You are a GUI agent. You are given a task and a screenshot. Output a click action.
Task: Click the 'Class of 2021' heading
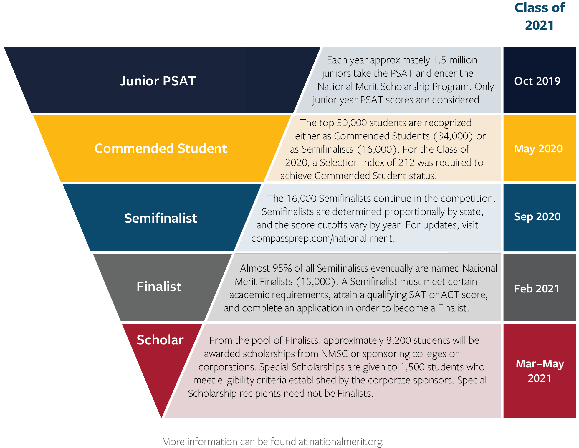pos(540,16)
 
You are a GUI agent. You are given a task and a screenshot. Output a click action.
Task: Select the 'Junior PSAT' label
pos(158,81)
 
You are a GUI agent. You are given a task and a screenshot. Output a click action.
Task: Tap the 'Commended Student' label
pos(161,148)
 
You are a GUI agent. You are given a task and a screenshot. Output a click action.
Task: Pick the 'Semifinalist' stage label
pos(161,218)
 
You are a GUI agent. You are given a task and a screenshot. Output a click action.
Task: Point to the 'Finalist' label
pos(159,287)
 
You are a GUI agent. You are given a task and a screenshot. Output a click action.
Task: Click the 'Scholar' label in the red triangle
pos(160,340)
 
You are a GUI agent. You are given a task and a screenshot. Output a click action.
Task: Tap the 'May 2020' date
pos(538,148)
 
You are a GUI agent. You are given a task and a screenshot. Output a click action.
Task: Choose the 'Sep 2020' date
pos(537,217)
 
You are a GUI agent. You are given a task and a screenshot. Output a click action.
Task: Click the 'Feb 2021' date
pos(537,289)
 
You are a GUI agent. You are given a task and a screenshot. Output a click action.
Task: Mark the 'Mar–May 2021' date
pos(540,371)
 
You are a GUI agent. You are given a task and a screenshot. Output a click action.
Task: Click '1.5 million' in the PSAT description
pos(455,60)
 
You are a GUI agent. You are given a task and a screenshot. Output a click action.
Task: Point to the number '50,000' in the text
pos(352,123)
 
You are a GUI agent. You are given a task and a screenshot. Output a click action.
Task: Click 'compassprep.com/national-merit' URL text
pos(322,238)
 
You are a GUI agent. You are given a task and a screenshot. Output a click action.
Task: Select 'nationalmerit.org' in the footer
pos(346,442)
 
